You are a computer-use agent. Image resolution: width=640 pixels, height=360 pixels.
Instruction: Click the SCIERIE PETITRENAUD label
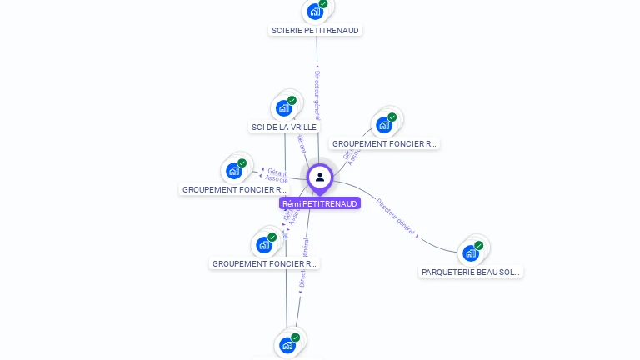click(x=315, y=30)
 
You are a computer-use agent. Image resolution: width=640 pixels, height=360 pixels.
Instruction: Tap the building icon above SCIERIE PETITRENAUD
click(x=314, y=12)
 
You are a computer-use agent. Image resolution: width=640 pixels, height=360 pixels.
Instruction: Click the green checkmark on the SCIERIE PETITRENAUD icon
click(x=323, y=3)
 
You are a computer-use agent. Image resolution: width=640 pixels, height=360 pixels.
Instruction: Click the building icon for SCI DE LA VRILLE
click(x=284, y=108)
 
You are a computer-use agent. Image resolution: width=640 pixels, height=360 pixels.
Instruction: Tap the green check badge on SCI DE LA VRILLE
click(x=292, y=100)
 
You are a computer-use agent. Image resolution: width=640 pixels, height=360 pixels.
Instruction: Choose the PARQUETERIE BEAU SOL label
click(x=471, y=272)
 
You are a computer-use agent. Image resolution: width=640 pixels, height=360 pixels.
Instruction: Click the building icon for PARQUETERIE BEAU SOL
click(x=471, y=253)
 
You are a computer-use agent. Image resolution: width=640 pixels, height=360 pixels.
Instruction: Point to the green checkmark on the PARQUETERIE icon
click(x=479, y=245)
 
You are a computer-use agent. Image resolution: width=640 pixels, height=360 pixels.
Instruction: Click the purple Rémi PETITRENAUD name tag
click(x=320, y=203)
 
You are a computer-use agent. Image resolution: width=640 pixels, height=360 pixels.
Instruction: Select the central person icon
click(x=320, y=177)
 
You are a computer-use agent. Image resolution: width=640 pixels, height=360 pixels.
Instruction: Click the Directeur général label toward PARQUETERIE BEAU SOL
click(x=395, y=216)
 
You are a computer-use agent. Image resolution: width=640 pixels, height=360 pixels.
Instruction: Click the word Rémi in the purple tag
click(x=291, y=203)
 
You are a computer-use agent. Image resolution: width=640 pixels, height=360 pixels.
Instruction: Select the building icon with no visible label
click(x=287, y=345)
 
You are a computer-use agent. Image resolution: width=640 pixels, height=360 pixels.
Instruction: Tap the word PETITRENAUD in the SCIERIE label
click(x=332, y=30)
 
